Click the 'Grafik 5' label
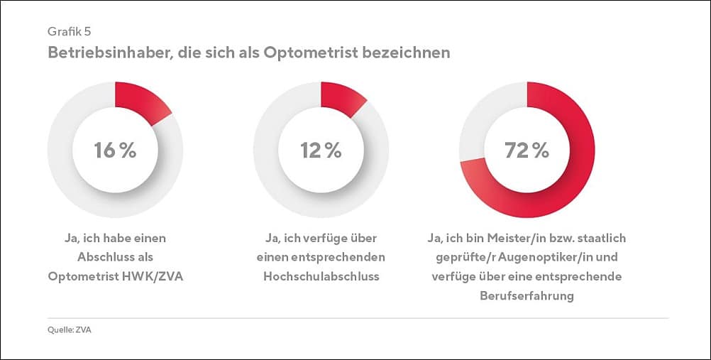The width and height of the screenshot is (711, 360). pos(69,32)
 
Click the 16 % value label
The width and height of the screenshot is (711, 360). pos(115,151)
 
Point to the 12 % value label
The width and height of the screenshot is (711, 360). pos(321,151)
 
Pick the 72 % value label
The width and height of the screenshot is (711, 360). pos(527,151)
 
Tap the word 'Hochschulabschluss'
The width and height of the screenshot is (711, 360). pos(321,276)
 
